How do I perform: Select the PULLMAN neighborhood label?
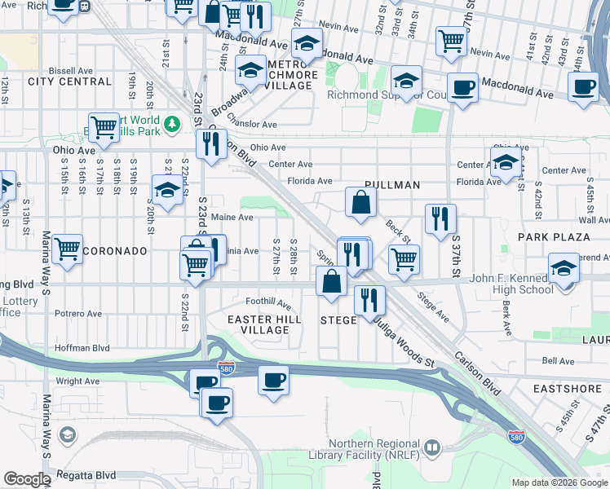[x=392, y=185]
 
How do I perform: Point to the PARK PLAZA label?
[x=554, y=237]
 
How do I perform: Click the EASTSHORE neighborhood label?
[x=567, y=390]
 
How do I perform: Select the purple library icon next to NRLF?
[x=431, y=447]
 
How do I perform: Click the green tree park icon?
[x=171, y=124]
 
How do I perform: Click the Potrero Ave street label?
[x=78, y=313]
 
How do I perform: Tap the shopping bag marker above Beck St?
[x=360, y=203]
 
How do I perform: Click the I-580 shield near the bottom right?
[x=516, y=437]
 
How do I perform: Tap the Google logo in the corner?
[x=27, y=479]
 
